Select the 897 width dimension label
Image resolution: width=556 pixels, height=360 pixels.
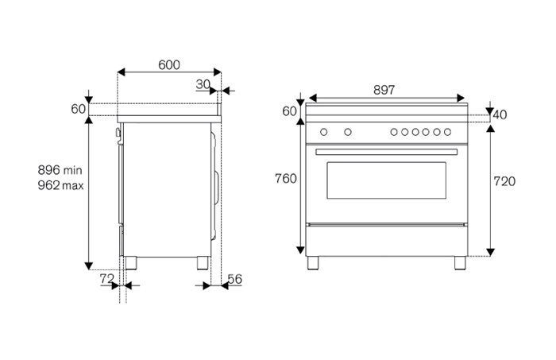[x=384, y=90]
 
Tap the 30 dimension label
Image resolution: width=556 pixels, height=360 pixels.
[x=203, y=83]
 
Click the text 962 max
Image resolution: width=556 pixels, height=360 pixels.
[x=60, y=185]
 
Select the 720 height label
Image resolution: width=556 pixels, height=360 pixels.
[x=504, y=182]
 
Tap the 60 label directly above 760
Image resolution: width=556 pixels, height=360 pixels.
[x=288, y=110]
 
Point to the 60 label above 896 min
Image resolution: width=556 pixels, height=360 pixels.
[x=78, y=109]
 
